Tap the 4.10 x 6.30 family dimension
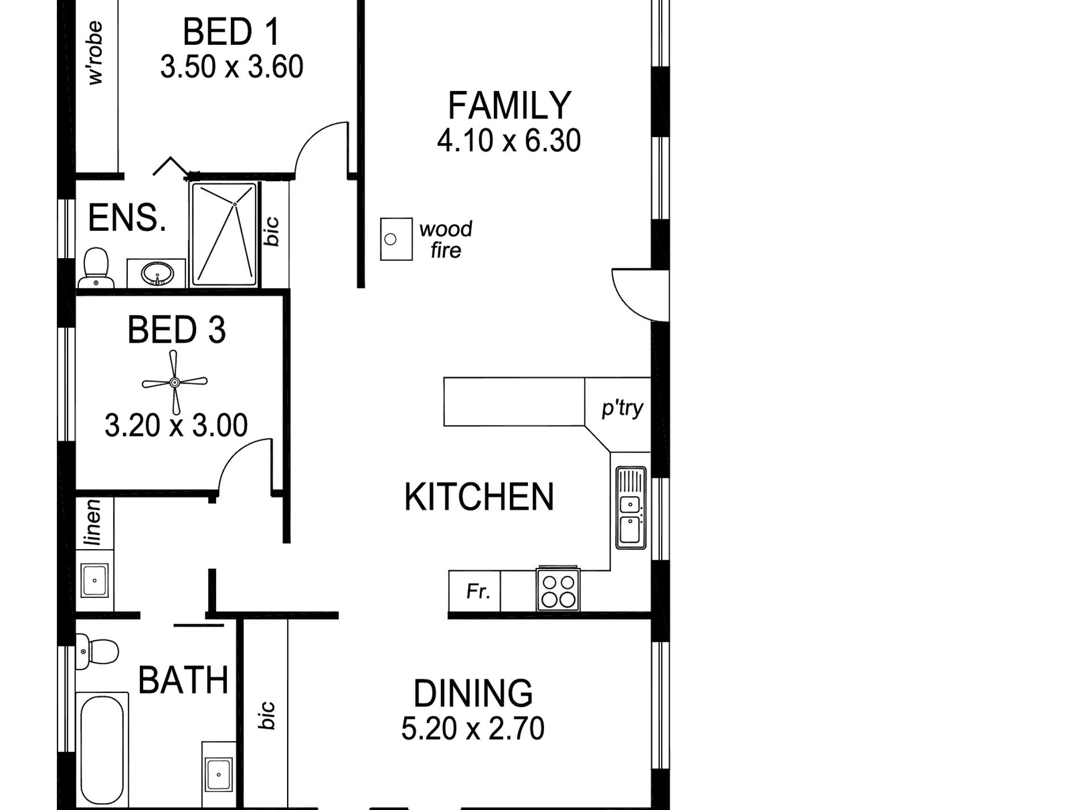pyautogui.click(x=509, y=140)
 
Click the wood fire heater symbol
pyautogui.click(x=396, y=239)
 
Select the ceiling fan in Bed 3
pyautogui.click(x=175, y=382)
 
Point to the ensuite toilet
pyautogui.click(x=96, y=268)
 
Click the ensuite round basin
pyautogui.click(x=157, y=273)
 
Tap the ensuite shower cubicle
pyautogui.click(x=224, y=234)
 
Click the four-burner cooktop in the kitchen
pyautogui.click(x=558, y=591)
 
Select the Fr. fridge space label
pyautogui.click(x=478, y=592)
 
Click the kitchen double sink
pyautogui.click(x=630, y=508)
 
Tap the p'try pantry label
pyautogui.click(x=622, y=408)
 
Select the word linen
pyautogui.click(x=93, y=522)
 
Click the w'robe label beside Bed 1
pyautogui.click(x=95, y=53)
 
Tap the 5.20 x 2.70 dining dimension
pyautogui.click(x=472, y=729)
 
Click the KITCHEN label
pyautogui.click(x=479, y=497)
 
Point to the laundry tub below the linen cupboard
pyautogui.click(x=94, y=580)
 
